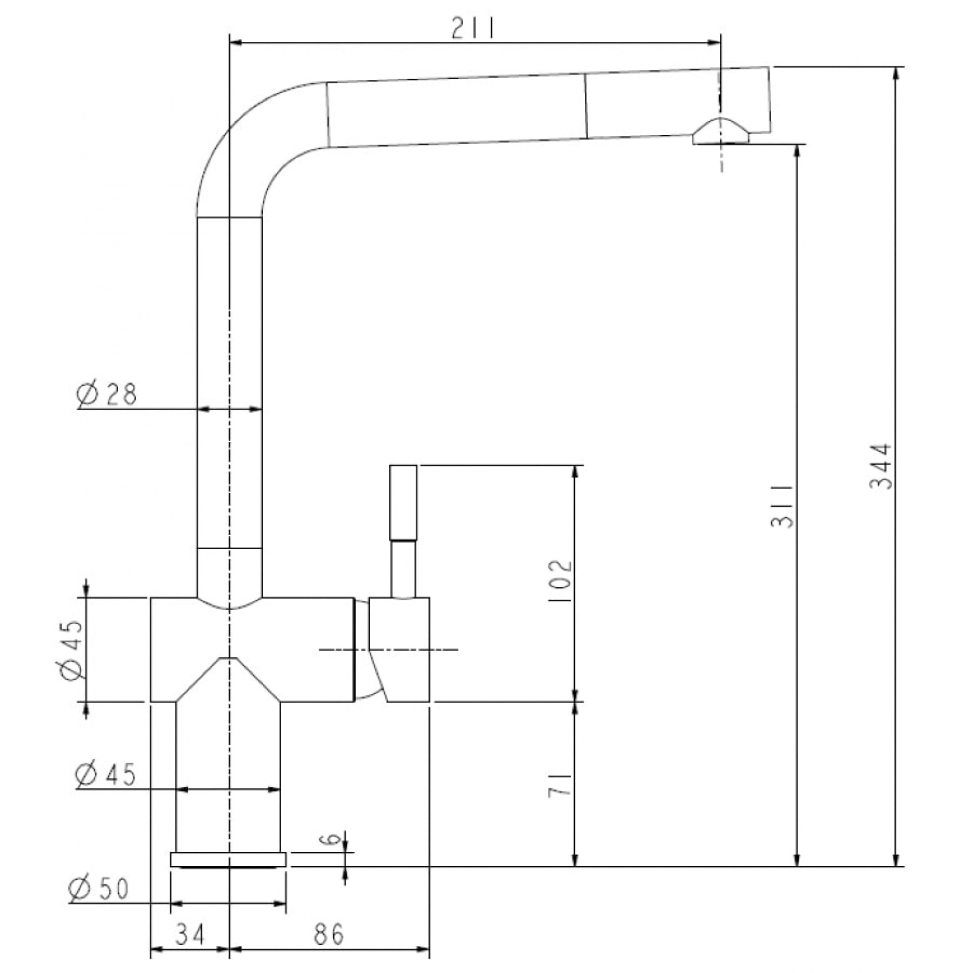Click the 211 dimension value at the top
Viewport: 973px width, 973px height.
point(473,29)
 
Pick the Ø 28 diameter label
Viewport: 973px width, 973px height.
point(107,395)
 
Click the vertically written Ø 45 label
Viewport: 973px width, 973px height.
point(71,649)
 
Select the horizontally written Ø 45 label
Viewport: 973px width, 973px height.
point(106,774)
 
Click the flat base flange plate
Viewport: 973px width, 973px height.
point(228,859)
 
